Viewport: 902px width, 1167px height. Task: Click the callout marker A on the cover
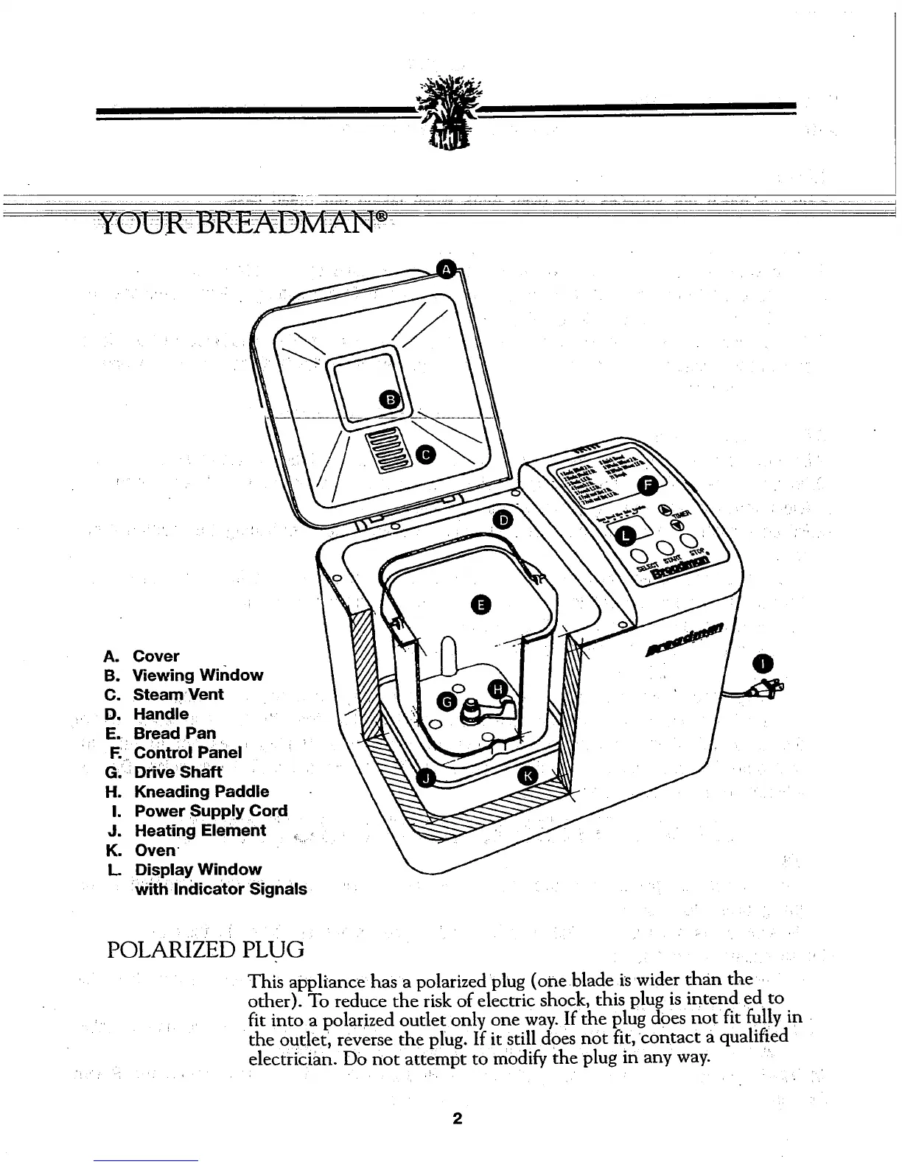[x=446, y=270]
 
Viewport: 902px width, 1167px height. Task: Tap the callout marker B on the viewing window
[x=392, y=400]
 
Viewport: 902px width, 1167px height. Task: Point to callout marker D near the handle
[x=503, y=520]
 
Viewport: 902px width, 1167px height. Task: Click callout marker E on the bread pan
[x=480, y=605]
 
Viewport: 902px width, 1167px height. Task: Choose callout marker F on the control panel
[x=648, y=485]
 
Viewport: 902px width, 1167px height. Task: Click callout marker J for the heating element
[x=429, y=778]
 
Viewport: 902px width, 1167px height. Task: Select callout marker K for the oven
[x=528, y=775]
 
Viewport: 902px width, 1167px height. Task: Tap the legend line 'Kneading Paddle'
[x=201, y=791]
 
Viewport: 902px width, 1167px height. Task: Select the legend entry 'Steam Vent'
[x=178, y=694]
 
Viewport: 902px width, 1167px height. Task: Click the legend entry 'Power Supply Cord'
[x=211, y=811]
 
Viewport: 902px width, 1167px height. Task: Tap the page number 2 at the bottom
[x=457, y=1119]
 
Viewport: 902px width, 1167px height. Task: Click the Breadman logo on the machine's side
[x=685, y=639]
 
